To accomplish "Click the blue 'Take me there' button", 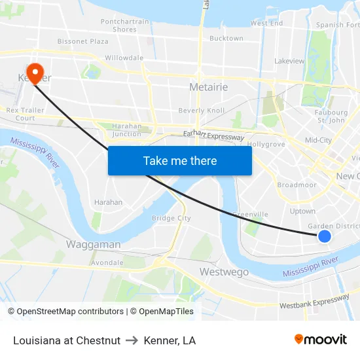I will pyautogui.click(x=179, y=161).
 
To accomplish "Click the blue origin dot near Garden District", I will pyautogui.click(x=324, y=236).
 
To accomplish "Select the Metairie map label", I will pyautogui.click(x=208, y=87).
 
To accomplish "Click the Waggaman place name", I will pyautogui.click(x=93, y=244).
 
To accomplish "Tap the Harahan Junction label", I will pyautogui.click(x=126, y=130).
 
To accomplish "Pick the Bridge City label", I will pyautogui.click(x=171, y=218).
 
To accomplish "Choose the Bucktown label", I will pyautogui.click(x=226, y=39).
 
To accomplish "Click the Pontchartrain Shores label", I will pyautogui.click(x=124, y=26).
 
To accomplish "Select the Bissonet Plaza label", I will pyautogui.click(x=83, y=41).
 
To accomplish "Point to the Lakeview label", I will pyautogui.click(x=289, y=61).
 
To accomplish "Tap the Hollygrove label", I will pyautogui.click(x=266, y=144).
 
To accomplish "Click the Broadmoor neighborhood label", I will pyautogui.click(x=297, y=185).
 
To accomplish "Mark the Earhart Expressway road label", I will pyautogui.click(x=213, y=135).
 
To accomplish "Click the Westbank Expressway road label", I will pyautogui.click(x=314, y=302).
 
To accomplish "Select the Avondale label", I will pyautogui.click(x=107, y=262).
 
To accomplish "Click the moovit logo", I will pyautogui.click(x=320, y=339).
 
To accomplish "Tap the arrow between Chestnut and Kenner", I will pyautogui.click(x=132, y=340).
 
